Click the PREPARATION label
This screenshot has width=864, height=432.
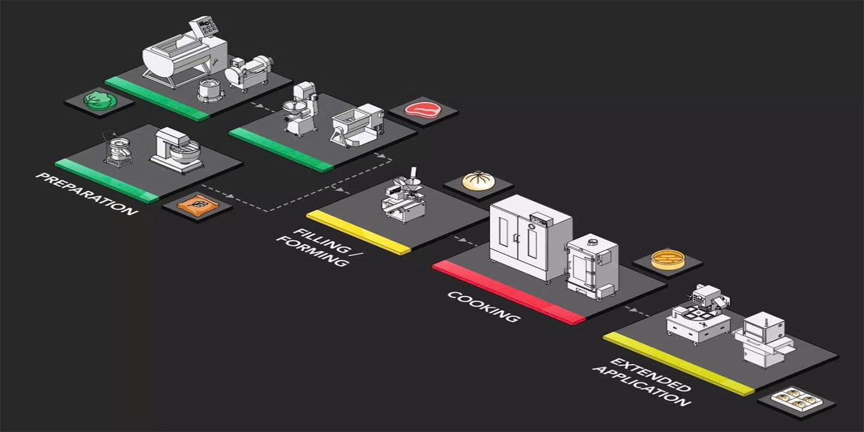[x=86, y=194]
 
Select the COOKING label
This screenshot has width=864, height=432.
[x=483, y=306]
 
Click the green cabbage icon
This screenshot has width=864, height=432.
[x=100, y=100]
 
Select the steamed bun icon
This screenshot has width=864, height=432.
[x=478, y=181]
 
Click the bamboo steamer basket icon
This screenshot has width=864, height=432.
[x=667, y=259]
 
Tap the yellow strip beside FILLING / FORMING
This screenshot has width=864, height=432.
[x=358, y=232]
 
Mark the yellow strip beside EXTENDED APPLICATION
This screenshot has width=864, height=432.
[x=678, y=364]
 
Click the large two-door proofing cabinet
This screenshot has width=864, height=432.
[x=530, y=236]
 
